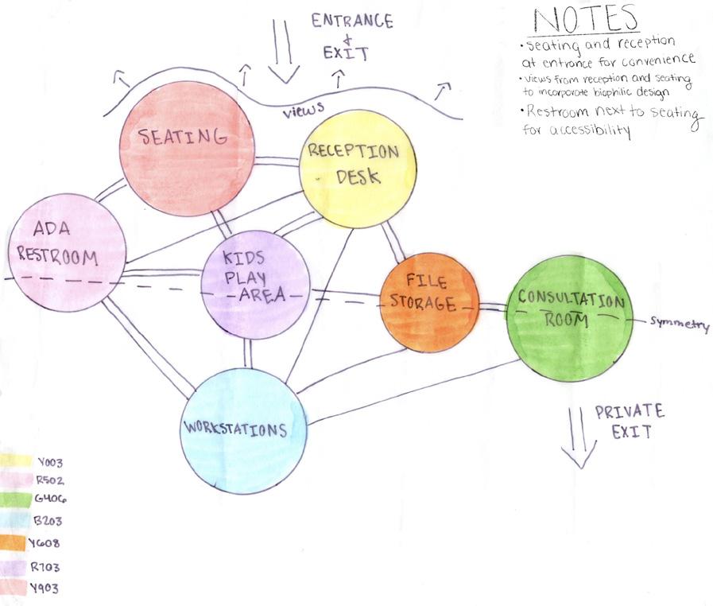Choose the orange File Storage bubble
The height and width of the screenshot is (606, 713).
429,302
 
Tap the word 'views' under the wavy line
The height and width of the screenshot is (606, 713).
301,113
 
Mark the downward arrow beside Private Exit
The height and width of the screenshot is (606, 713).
579,437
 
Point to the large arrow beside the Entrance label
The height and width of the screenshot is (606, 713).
282,52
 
